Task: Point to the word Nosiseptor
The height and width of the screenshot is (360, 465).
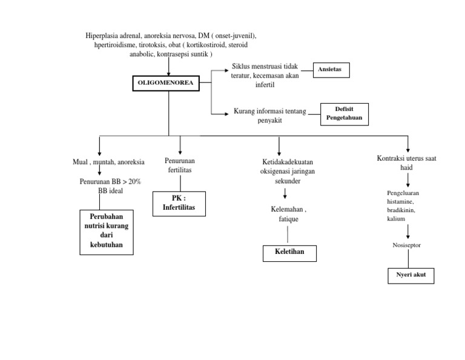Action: coord(407,245)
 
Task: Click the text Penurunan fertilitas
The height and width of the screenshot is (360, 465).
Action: coord(180,165)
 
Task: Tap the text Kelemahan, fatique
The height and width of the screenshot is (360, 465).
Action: coord(289,214)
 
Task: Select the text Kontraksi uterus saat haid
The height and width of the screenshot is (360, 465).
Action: coord(407,162)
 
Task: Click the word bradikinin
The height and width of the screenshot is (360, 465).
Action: coord(401,210)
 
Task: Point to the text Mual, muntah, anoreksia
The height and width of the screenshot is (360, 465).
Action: coord(108,162)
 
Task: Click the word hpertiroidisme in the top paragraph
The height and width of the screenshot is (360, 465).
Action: coord(115,45)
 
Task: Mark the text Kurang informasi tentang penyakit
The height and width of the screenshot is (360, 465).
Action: coord(270,115)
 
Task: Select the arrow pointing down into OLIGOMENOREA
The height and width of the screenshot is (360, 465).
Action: coord(169,67)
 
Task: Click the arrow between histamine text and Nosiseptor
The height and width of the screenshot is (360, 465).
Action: coord(407,232)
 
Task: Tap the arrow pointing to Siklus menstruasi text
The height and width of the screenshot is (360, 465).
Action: coord(220,70)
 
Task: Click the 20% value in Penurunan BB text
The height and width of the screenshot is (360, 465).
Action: coord(134,181)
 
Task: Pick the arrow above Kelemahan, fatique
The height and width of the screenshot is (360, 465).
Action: coord(285,193)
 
